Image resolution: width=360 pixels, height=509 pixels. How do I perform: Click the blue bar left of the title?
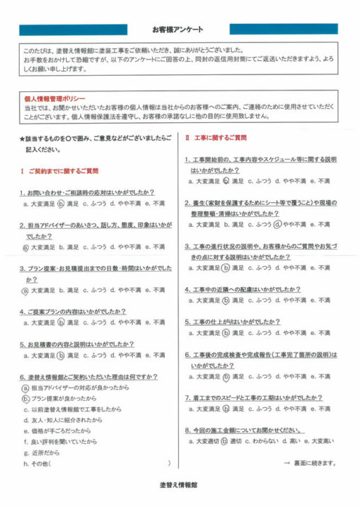point(74,30)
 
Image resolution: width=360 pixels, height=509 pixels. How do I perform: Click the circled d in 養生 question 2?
point(277,224)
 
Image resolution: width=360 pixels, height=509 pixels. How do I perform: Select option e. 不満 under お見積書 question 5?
point(155,356)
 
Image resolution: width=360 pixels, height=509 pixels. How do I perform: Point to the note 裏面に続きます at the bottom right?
point(310,463)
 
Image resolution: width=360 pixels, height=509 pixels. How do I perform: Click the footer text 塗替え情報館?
point(179,487)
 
